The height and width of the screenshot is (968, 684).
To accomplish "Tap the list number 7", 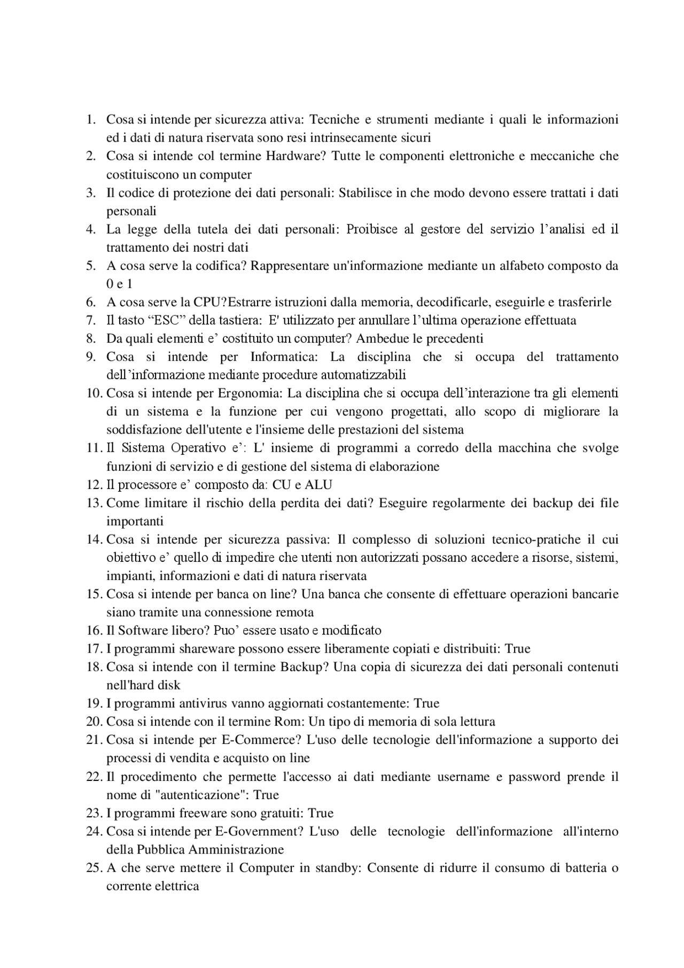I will click(x=91, y=320).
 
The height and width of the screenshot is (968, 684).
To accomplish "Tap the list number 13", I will click(x=94, y=503).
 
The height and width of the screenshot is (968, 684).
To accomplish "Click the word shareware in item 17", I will click(x=192, y=649).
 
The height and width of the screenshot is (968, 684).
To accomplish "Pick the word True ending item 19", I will click(x=426, y=703).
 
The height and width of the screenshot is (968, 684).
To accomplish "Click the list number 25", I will click(x=94, y=868).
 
